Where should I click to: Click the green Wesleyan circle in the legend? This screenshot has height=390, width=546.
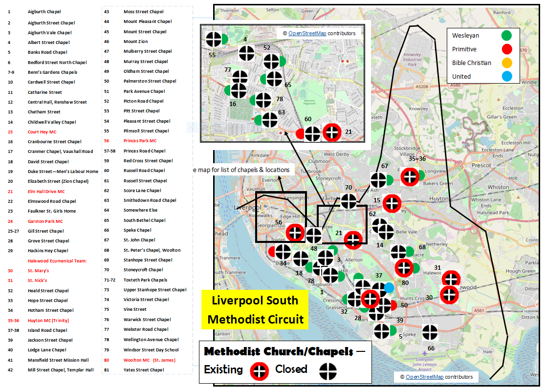coord(506,35)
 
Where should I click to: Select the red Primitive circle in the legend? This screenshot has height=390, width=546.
coord(506,49)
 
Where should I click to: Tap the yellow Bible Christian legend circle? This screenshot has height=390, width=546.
coord(506,63)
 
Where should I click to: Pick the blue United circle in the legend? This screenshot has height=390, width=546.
coord(506,76)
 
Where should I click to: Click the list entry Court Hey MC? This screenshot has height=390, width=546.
coord(42,132)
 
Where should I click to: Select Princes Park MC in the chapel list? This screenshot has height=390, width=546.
coord(140,141)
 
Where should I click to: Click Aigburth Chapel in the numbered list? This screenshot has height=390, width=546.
coord(44,11)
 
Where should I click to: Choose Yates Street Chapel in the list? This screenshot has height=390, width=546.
coord(144,370)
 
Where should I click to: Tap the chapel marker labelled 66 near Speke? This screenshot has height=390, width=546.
coord(430,333)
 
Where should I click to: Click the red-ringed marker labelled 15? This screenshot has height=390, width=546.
coord(392,203)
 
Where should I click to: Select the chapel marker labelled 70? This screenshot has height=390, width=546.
coord(349,201)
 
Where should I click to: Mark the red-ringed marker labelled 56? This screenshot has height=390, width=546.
coord(296,232)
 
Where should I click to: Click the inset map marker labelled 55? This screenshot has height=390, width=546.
coord(214,40)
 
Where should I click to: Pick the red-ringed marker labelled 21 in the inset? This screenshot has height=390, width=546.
coord(332,132)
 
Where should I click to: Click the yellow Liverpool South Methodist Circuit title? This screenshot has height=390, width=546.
coord(255,309)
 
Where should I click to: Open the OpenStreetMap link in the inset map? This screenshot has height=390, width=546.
coord(307,33)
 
